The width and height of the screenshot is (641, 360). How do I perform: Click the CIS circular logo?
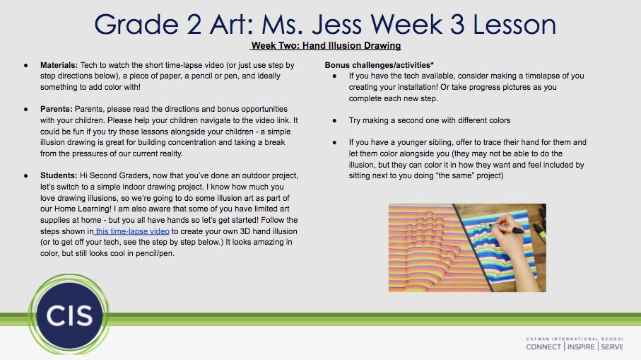point(60,315)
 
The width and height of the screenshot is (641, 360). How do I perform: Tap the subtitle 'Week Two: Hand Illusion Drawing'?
point(326,46)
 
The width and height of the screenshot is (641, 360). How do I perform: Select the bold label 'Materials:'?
point(59,64)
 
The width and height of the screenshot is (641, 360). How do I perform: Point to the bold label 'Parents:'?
point(57,110)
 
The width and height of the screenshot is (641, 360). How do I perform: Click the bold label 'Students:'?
point(59,175)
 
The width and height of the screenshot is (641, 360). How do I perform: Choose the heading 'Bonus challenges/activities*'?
point(379,64)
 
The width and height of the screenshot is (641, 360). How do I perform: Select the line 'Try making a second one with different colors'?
point(431,120)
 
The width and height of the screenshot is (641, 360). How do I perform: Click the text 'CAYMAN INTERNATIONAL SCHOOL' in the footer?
point(575,339)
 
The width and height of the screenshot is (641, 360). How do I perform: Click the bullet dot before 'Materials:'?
point(26,64)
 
